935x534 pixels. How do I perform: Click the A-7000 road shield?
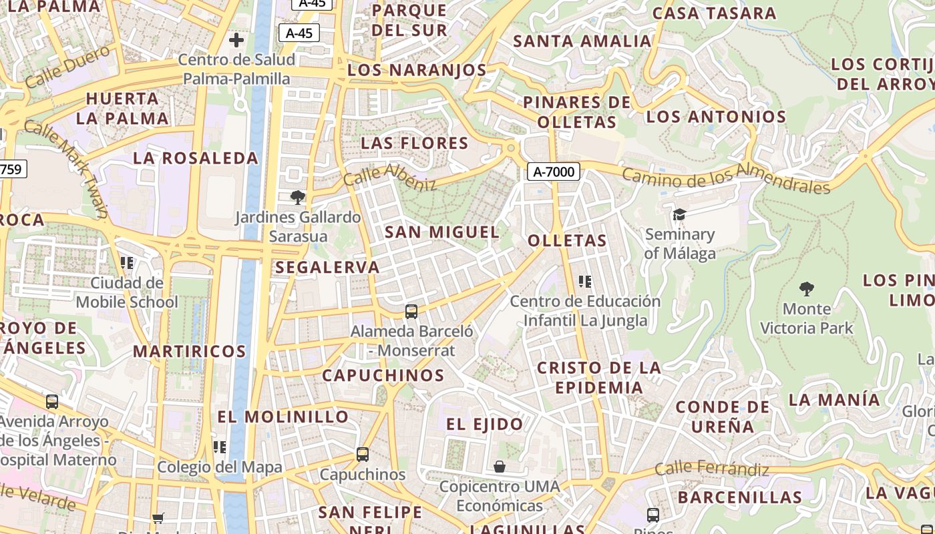coord(554,172)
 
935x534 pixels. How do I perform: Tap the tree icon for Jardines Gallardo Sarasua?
coord(298,197)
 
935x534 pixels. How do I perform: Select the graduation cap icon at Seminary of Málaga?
coord(679,214)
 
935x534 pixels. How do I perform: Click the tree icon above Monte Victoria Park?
coord(807,289)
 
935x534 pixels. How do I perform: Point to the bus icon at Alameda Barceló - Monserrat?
coord(411,311)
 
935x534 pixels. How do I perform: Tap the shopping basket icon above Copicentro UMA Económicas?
coord(500,467)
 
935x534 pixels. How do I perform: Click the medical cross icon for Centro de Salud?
coord(236,40)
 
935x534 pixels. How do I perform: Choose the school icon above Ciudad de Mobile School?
coord(127,263)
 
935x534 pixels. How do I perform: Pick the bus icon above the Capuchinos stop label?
coord(363,455)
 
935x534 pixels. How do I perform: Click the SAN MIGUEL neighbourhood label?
coord(442,232)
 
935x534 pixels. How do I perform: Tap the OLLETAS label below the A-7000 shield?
coord(567,241)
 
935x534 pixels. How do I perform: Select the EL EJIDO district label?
coord(485,425)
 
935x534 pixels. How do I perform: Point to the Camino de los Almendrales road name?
coord(726,178)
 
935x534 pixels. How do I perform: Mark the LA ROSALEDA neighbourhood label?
coord(196,158)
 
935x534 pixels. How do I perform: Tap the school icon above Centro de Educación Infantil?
coord(585,282)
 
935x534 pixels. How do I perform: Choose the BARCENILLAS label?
coord(740,497)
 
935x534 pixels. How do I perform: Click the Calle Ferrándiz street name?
coord(712,469)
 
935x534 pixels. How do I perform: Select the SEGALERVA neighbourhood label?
coord(327,268)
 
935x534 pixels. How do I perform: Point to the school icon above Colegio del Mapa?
coord(220,447)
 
